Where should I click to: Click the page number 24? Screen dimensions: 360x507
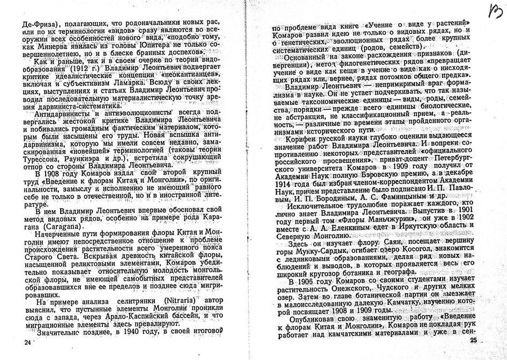pyautogui.click(x=21, y=341)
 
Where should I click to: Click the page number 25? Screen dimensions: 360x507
pyautogui.click(x=473, y=340)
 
